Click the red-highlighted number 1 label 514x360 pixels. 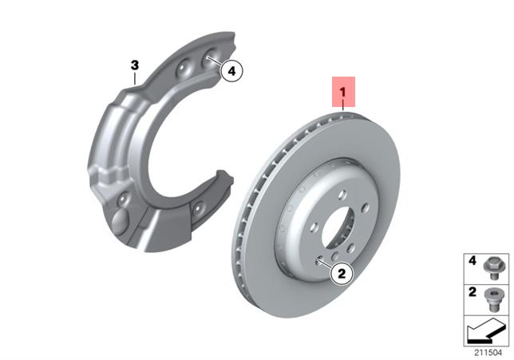point(343,92)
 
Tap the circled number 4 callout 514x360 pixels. point(231,71)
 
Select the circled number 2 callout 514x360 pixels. point(342,273)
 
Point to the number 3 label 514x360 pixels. point(135,65)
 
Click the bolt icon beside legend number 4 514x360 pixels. point(492,268)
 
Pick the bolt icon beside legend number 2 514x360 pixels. point(492,299)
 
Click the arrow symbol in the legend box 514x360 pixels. point(486,330)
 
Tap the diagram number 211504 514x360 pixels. point(488,353)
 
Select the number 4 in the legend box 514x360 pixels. point(472,261)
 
